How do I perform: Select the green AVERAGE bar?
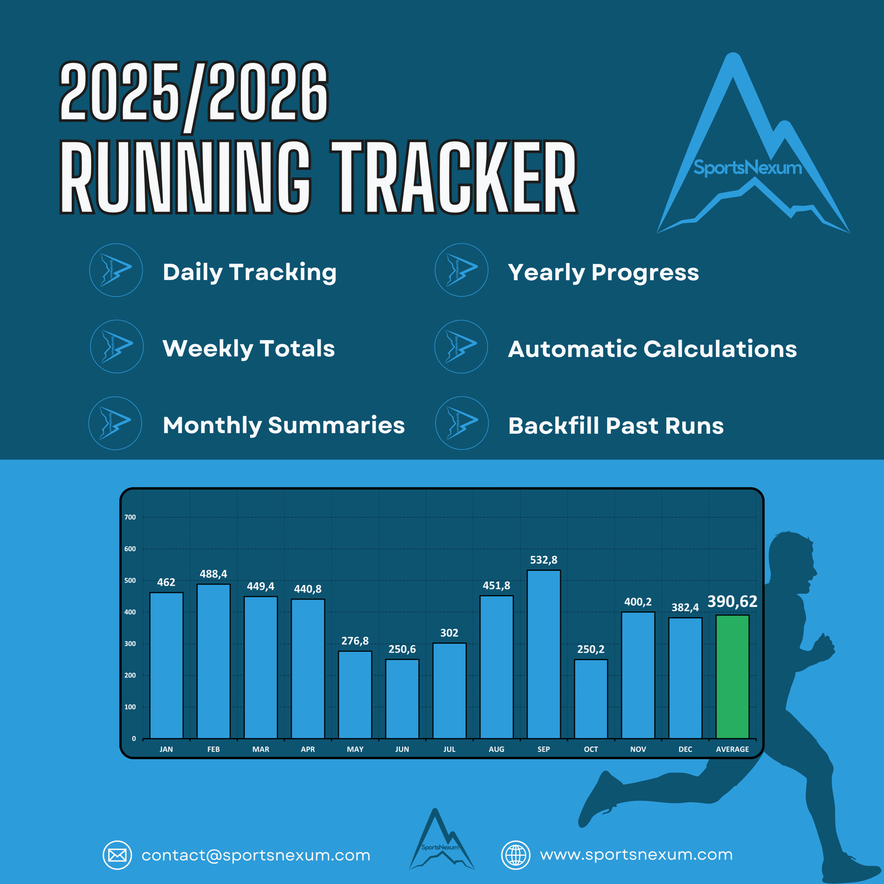pos(733,676)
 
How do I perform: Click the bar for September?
pos(544,654)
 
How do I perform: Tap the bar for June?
pos(402,699)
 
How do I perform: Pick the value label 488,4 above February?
pos(213,574)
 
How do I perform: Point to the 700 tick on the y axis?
pos(130,518)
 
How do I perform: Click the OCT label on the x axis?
pos(591,749)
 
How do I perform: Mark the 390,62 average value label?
pos(733,602)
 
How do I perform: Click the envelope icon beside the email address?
pos(117,855)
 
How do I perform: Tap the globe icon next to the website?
pos(515,855)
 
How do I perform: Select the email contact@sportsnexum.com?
pos(256,855)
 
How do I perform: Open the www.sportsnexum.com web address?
pos(636,855)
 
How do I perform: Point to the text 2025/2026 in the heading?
pos(194,92)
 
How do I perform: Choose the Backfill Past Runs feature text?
pos(616,426)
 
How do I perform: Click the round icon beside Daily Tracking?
pos(116,270)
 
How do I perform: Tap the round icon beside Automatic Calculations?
pos(461,346)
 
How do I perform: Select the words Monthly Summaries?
pos(284,425)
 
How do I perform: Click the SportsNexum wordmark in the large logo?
pos(748,167)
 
